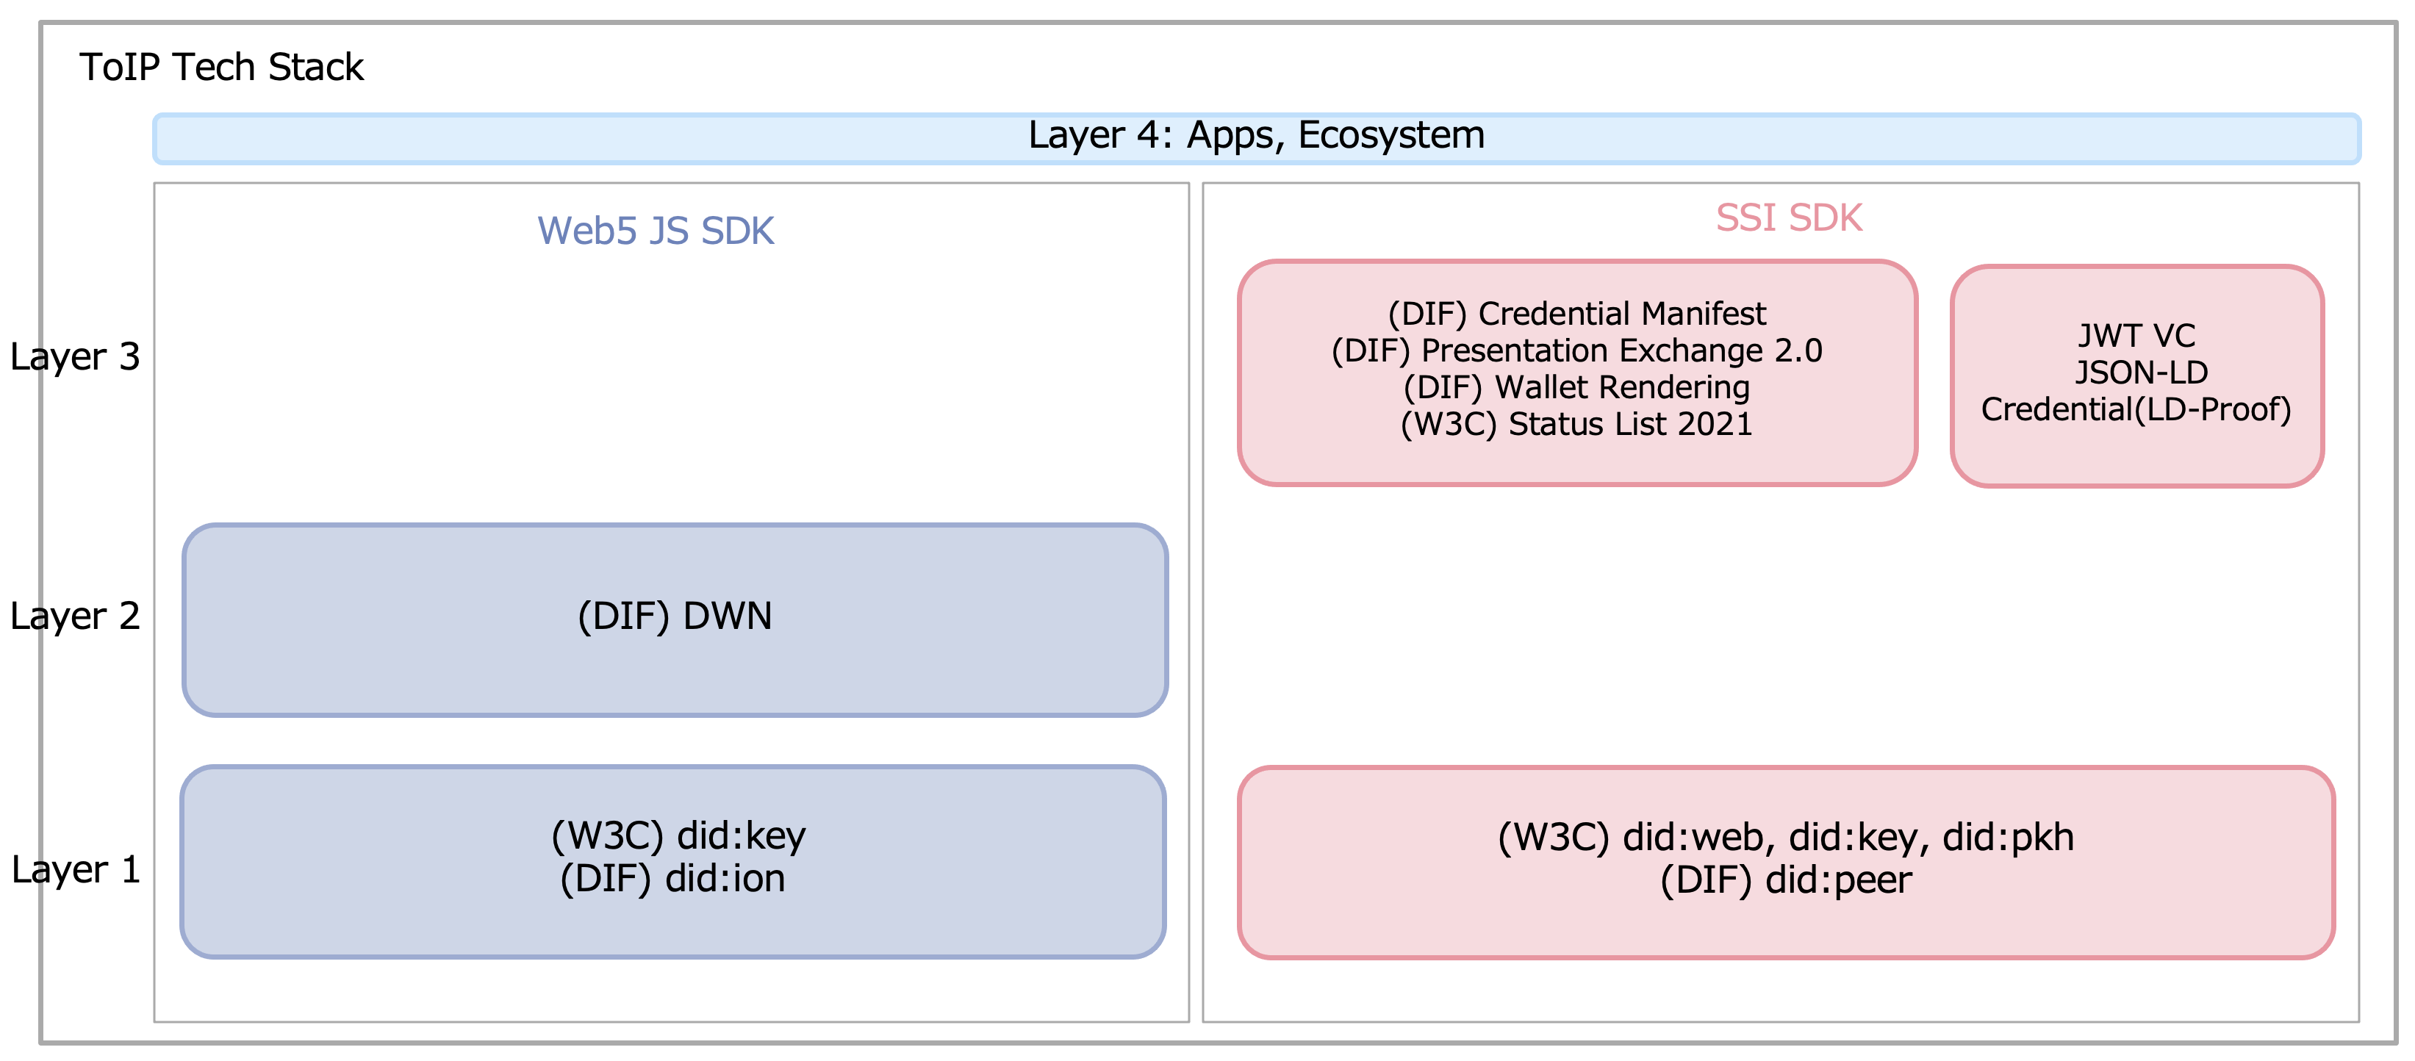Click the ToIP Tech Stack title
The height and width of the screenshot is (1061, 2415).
click(x=221, y=68)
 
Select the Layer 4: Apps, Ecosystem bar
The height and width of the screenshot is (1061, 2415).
click(x=1256, y=139)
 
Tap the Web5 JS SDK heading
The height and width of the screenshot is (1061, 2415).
click(x=656, y=231)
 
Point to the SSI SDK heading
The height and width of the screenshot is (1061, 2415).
click(x=1789, y=217)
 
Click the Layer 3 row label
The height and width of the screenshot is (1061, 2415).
click(x=75, y=356)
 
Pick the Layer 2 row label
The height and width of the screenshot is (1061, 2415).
click(x=75, y=616)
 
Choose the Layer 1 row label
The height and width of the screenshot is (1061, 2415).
click(x=76, y=870)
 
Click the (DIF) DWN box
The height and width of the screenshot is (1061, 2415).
click(x=675, y=619)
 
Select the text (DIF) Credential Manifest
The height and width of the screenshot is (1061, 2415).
click(x=1577, y=313)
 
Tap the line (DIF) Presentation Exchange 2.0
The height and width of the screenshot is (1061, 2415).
click(x=1577, y=350)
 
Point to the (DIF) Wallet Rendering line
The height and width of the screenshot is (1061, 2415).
click(x=1577, y=386)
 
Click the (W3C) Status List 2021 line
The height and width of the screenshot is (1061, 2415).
click(x=1577, y=424)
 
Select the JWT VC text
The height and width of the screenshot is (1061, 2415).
click(x=2137, y=336)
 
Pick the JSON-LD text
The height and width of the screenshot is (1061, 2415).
click(x=2142, y=372)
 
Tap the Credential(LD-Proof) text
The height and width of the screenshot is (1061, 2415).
click(x=2136, y=409)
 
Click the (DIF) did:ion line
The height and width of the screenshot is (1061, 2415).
click(x=673, y=878)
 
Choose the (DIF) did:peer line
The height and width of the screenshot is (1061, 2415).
click(x=1786, y=880)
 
